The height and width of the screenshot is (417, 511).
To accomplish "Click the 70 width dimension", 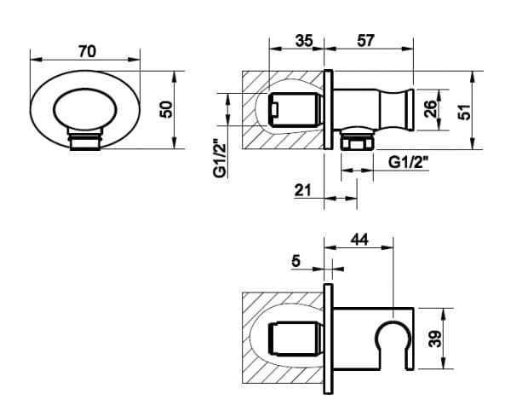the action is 88,51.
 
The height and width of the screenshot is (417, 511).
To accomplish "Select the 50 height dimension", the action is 166,110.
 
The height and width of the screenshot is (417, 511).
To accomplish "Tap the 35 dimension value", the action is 304,41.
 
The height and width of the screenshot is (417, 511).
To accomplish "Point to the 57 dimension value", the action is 365,40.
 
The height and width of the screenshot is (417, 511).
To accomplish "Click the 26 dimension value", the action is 430,109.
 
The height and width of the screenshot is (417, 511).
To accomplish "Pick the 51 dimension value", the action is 464,112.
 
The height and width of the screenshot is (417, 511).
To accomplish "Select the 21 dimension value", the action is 302,190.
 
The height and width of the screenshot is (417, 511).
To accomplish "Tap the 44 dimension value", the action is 359,240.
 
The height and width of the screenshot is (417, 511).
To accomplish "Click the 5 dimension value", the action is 296,261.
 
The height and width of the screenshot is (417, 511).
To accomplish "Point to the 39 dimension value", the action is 435,339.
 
